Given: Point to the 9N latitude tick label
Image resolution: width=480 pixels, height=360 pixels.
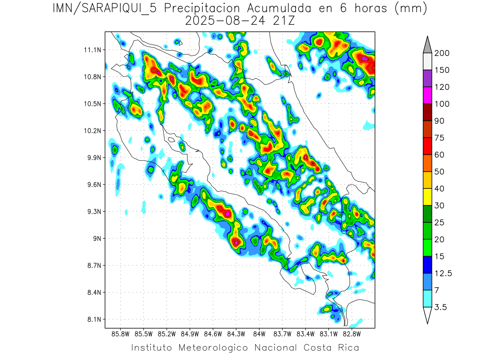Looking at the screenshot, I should (96, 238).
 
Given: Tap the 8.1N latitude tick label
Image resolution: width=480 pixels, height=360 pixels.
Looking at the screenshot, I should (93, 319).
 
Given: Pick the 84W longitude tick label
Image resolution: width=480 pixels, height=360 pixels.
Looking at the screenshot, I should (259, 334).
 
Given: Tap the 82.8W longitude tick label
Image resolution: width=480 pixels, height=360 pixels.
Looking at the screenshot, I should (352, 334).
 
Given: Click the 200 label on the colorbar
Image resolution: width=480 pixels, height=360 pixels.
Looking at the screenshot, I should (442, 53).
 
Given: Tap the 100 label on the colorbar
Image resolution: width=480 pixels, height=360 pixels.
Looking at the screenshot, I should (442, 104).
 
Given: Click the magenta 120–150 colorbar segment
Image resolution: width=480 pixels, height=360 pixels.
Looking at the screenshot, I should (427, 95).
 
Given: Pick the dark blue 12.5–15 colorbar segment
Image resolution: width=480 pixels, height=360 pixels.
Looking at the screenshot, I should (427, 265).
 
